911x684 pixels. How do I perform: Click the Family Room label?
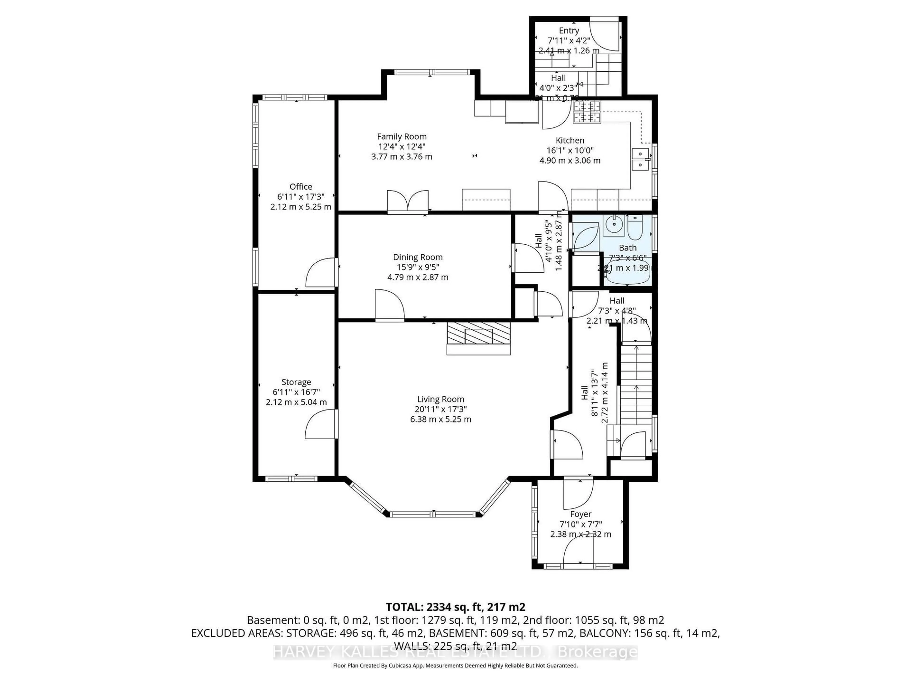(402, 137)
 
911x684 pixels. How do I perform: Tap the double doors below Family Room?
(408, 202)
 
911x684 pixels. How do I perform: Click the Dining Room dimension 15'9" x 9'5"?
(418, 267)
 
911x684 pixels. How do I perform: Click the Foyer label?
(581, 514)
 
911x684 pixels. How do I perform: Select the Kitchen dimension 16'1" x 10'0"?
(570, 151)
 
